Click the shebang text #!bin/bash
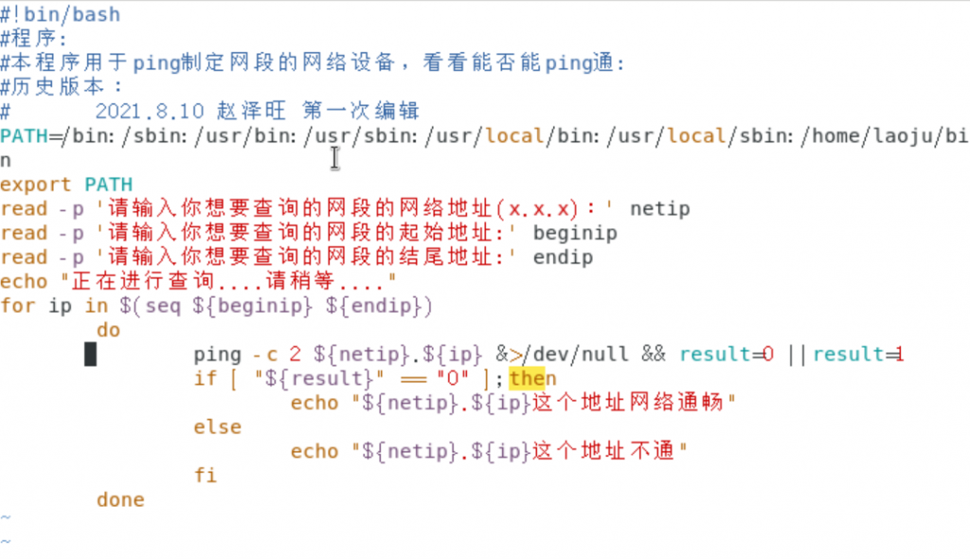[61, 14]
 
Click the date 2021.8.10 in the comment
[149, 111]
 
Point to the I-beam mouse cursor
[334, 157]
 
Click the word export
[36, 185]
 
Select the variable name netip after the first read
[659, 208]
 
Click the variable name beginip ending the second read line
[575, 233]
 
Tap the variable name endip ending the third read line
[563, 257]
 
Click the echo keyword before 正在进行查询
[24, 281]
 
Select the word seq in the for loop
[163, 306]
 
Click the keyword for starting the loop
[18, 305]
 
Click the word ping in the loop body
[218, 354]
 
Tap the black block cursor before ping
[90, 354]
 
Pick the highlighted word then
[532, 378]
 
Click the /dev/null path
[575, 354]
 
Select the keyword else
[218, 426]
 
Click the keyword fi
[206, 475]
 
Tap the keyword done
[120, 499]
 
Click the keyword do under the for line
[109, 330]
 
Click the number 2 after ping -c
[296, 354]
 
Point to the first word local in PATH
[514, 135]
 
